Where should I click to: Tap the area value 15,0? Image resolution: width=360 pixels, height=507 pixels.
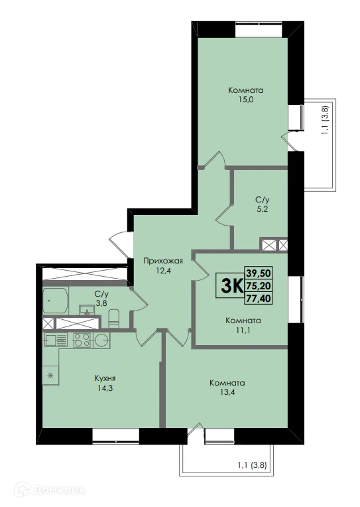237,101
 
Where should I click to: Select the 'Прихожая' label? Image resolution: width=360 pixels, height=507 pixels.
162,261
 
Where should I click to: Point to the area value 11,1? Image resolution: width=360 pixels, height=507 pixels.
243,330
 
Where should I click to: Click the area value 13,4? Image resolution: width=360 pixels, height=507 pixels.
227,394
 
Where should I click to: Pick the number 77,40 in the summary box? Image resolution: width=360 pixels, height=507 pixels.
259,299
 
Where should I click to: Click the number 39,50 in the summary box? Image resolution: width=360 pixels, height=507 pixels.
259,273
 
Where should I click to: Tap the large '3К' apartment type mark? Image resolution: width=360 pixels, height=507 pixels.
230,286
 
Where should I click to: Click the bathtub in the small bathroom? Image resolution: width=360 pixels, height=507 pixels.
56,302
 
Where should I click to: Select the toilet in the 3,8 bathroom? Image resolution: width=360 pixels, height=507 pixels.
113,318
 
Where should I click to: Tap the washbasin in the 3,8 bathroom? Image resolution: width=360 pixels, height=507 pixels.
86,311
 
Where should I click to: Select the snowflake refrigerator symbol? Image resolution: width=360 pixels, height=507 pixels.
50,376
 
